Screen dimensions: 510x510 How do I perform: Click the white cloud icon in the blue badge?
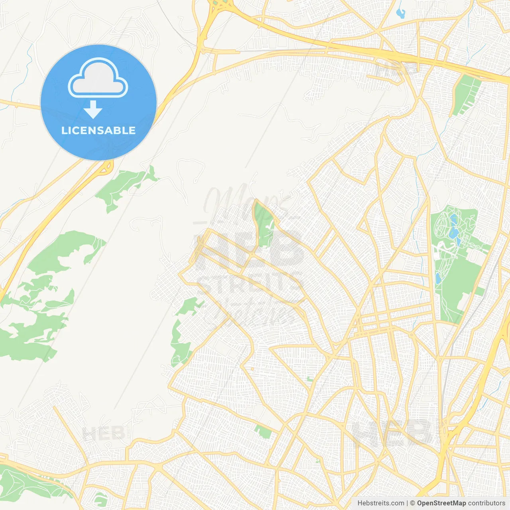98,78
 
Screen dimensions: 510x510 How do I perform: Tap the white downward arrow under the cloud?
93,110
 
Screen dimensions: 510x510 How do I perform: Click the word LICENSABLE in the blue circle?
98,130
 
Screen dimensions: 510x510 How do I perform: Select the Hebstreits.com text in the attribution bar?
381,503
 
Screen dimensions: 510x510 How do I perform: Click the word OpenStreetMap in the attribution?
441,503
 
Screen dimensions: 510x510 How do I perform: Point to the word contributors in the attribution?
486,503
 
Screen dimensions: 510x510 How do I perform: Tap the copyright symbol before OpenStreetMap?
413,503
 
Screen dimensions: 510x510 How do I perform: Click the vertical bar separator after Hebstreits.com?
407,503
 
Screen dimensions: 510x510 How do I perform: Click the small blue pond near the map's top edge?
400,13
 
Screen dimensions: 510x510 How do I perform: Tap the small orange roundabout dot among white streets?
253,369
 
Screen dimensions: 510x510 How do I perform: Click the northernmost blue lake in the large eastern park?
453,219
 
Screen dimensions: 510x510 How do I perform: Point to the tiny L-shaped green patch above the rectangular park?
310,379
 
